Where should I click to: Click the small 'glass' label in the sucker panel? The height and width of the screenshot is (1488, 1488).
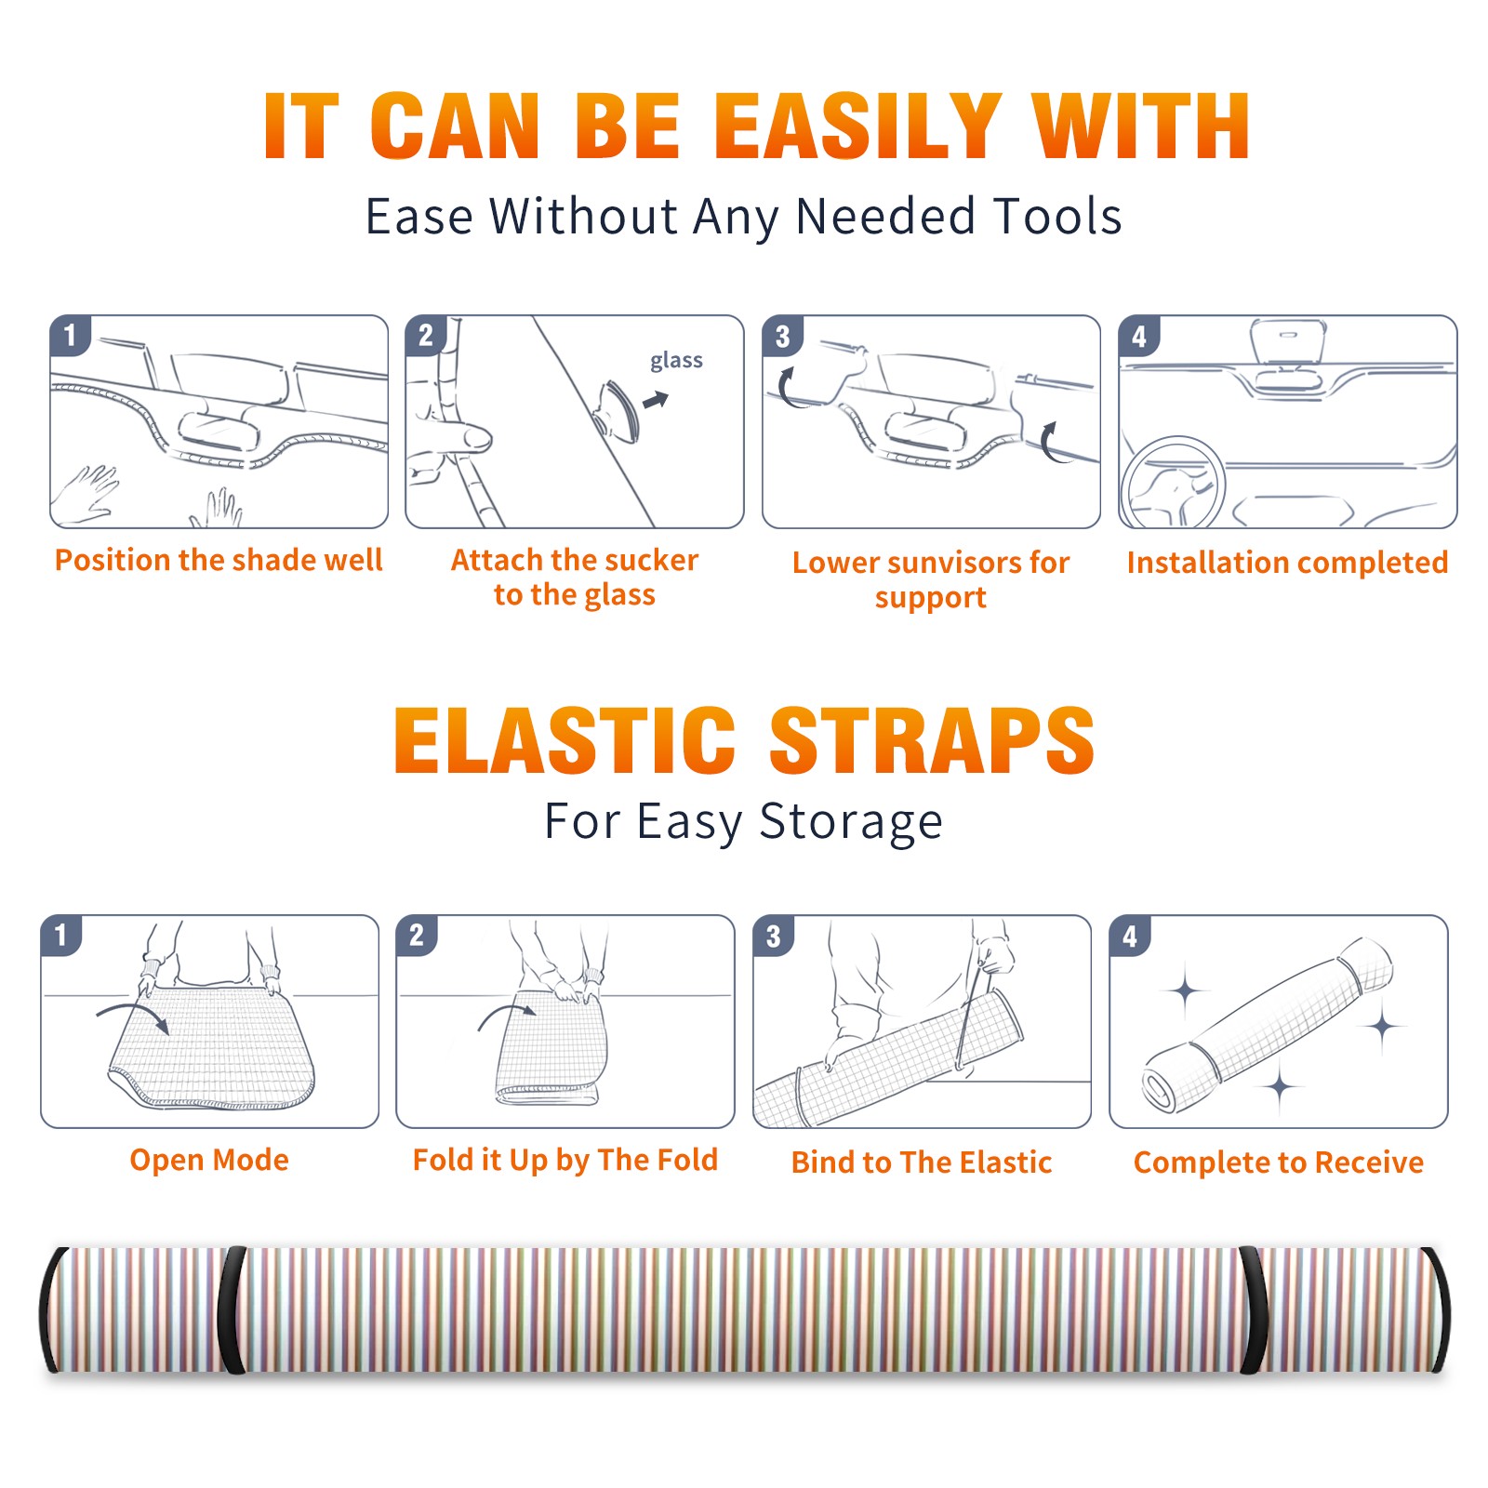pyautogui.click(x=676, y=361)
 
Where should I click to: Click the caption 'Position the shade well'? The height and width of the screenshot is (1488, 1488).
pyautogui.click(x=219, y=560)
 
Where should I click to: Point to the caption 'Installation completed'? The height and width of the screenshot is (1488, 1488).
pyautogui.click(x=1287, y=562)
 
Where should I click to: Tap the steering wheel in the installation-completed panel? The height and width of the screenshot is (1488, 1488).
pyautogui.click(x=1173, y=484)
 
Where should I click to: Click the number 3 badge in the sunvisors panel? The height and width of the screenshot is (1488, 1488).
pyautogui.click(x=782, y=336)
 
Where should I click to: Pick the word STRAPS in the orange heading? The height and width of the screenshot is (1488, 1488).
pyautogui.click(x=932, y=740)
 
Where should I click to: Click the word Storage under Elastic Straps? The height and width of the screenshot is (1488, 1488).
pyautogui.click(x=851, y=822)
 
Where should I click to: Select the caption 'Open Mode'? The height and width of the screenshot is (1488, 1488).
pyautogui.click(x=209, y=1160)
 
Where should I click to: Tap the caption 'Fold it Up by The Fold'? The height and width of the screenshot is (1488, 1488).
pyautogui.click(x=565, y=1160)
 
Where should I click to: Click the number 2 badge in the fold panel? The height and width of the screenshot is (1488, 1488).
pyautogui.click(x=416, y=936)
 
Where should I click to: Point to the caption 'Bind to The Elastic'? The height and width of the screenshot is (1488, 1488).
pyautogui.click(x=922, y=1162)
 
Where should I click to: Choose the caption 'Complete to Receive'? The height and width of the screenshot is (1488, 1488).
pyautogui.click(x=1279, y=1162)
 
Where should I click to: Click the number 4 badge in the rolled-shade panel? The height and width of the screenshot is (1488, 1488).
pyautogui.click(x=1130, y=936)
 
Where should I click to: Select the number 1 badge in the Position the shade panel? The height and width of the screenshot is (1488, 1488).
pyautogui.click(x=70, y=336)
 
